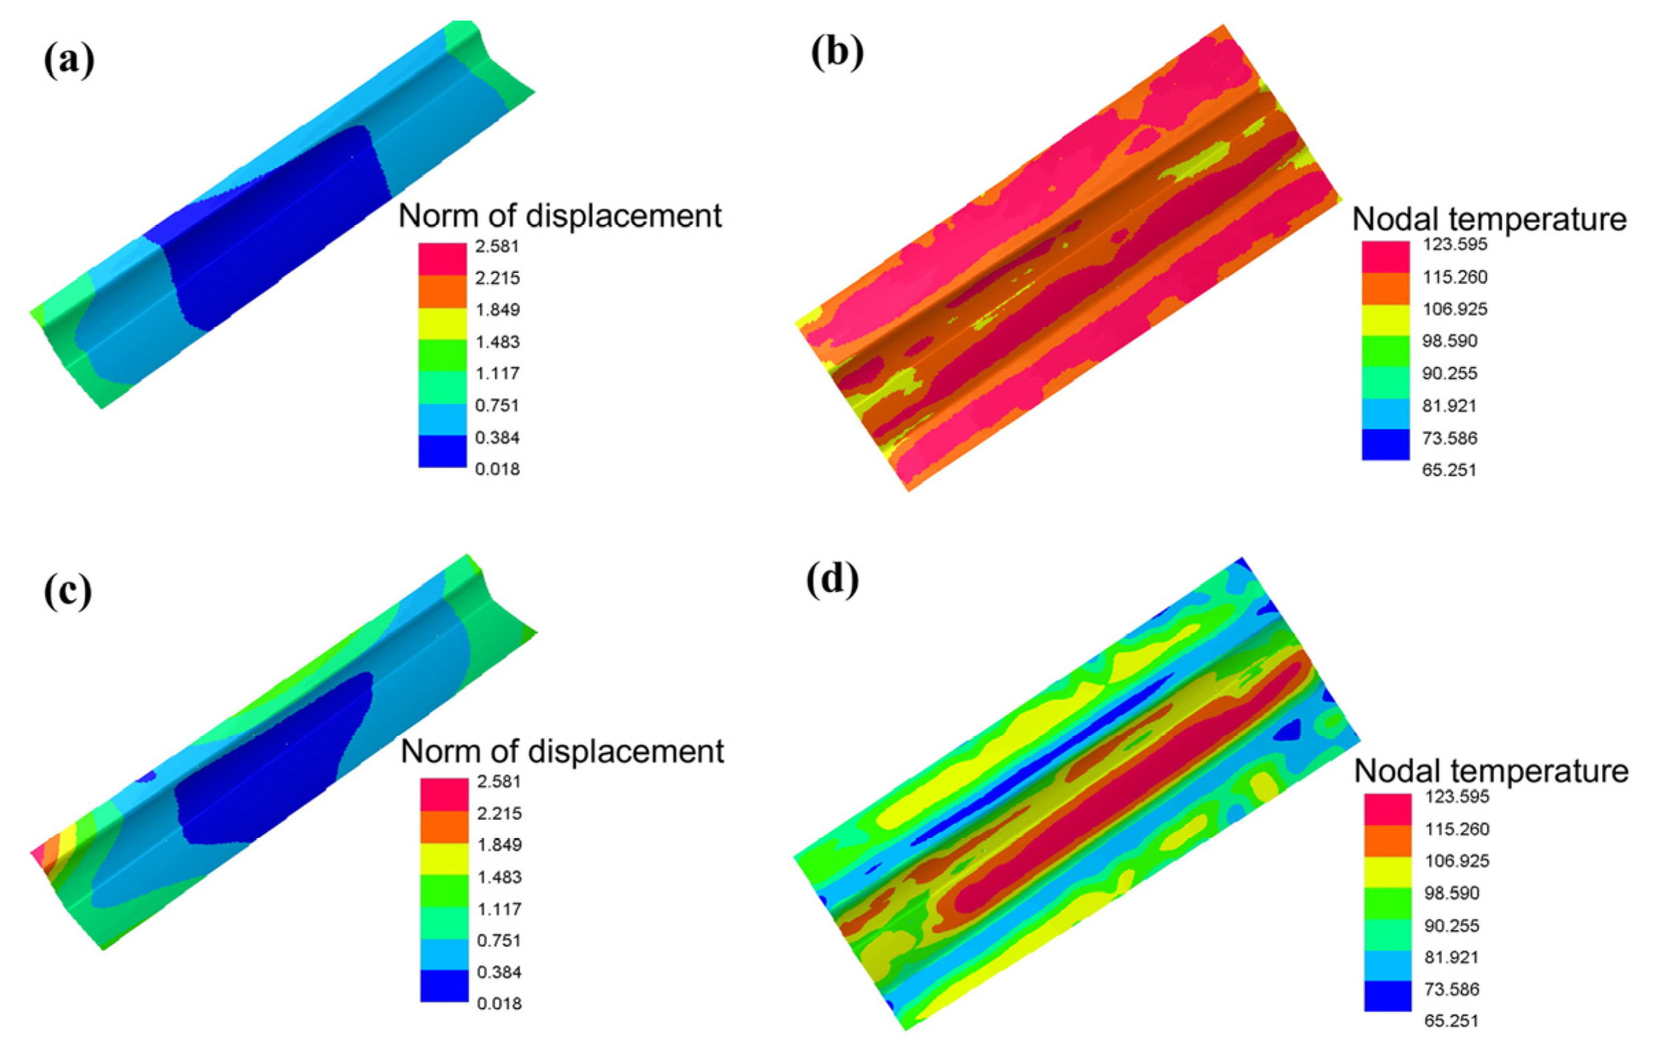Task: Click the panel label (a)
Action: [x=69, y=62]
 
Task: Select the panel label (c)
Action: [x=67, y=593]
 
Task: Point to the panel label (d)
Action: [x=833, y=580]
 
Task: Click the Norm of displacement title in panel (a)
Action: [x=560, y=216]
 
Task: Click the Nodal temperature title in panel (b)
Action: [x=1489, y=219]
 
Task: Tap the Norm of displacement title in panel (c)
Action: [x=562, y=751]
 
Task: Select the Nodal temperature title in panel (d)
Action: [x=1491, y=771]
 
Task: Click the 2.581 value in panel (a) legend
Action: [x=497, y=246]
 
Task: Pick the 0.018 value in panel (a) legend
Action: [x=497, y=470]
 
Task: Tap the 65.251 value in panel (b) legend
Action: [x=1450, y=471]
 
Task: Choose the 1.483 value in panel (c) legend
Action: [x=499, y=877]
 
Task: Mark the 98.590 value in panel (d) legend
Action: [x=1452, y=893]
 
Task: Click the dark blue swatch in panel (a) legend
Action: [x=443, y=452]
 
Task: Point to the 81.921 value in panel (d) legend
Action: [x=1452, y=957]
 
